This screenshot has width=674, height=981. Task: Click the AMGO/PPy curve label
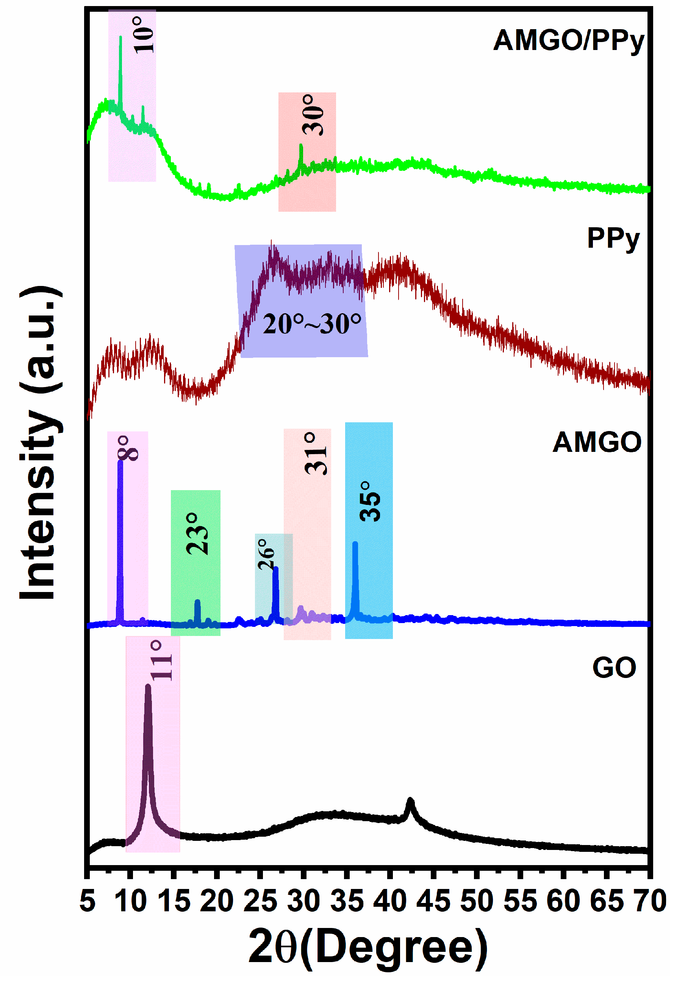(568, 41)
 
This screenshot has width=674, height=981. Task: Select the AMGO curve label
(597, 443)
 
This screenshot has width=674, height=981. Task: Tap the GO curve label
(614, 668)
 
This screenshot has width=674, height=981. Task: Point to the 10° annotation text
(144, 34)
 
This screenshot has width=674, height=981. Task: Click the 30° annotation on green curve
(313, 115)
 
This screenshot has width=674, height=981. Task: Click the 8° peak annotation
(128, 448)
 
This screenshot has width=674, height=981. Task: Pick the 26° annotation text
(266, 554)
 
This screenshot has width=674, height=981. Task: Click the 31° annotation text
(316, 454)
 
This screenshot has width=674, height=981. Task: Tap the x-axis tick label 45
(433, 901)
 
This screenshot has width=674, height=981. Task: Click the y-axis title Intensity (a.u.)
(40, 443)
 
